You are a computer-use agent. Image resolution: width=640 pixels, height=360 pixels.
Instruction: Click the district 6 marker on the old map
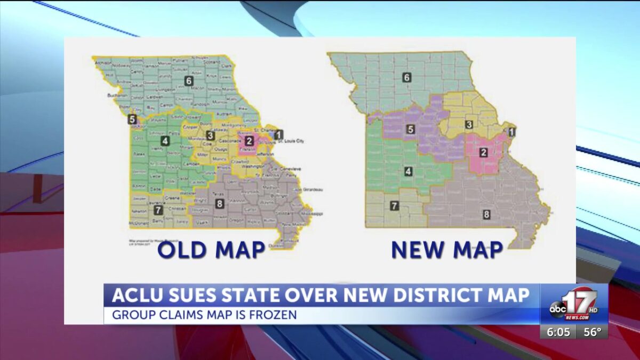click(x=188, y=81)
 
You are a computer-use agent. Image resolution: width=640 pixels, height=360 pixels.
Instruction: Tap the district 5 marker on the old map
click(x=132, y=119)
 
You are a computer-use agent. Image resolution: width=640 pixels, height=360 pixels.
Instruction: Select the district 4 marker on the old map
click(x=165, y=141)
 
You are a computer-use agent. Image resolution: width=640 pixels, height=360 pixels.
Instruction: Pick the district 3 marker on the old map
click(x=211, y=135)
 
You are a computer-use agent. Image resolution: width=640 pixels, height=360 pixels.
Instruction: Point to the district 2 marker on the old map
click(x=249, y=141)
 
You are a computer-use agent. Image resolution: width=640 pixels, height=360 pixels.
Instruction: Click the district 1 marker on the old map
click(x=279, y=134)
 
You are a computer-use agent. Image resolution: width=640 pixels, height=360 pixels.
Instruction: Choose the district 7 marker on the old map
click(x=157, y=210)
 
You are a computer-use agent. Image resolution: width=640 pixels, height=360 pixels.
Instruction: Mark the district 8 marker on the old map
click(x=219, y=203)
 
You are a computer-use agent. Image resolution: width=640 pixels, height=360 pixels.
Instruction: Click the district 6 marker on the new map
click(x=407, y=77)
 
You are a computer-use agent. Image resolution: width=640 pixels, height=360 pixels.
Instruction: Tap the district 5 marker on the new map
click(x=410, y=129)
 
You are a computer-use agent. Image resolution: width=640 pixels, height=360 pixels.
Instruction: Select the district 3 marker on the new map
click(x=469, y=125)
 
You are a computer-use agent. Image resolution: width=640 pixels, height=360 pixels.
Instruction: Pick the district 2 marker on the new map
click(x=483, y=153)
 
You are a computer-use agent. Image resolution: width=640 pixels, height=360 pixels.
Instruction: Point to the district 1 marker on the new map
click(x=511, y=132)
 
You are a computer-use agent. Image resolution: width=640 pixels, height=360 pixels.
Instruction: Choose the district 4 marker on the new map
click(x=408, y=171)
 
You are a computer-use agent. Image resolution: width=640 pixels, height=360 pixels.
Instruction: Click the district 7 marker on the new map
click(x=394, y=205)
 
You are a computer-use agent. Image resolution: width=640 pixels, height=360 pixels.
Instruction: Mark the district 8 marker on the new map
click(x=486, y=214)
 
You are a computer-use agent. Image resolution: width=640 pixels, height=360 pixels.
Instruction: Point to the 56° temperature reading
click(x=592, y=332)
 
